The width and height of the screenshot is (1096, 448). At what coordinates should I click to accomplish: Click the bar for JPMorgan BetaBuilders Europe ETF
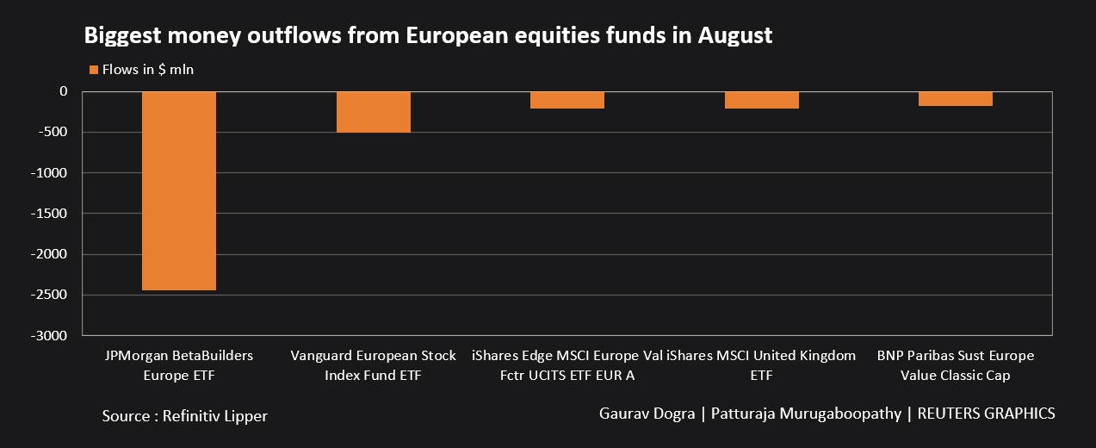click(179, 190)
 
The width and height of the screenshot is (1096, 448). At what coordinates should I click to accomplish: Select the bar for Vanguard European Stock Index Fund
click(374, 112)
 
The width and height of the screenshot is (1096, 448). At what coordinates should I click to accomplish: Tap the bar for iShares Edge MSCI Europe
click(567, 100)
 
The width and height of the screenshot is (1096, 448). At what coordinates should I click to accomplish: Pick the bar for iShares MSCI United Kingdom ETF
click(761, 100)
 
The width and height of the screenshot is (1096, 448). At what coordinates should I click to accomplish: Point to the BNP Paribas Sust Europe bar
click(955, 99)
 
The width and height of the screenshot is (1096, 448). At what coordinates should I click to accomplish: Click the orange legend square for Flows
click(93, 70)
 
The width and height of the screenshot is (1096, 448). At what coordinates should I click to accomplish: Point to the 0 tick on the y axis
click(63, 91)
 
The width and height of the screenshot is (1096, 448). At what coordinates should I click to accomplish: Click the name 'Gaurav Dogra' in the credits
click(647, 414)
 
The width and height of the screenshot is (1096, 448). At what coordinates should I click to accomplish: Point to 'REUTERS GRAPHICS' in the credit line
click(986, 414)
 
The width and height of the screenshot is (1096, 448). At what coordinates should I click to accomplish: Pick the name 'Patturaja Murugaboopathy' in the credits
click(807, 414)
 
